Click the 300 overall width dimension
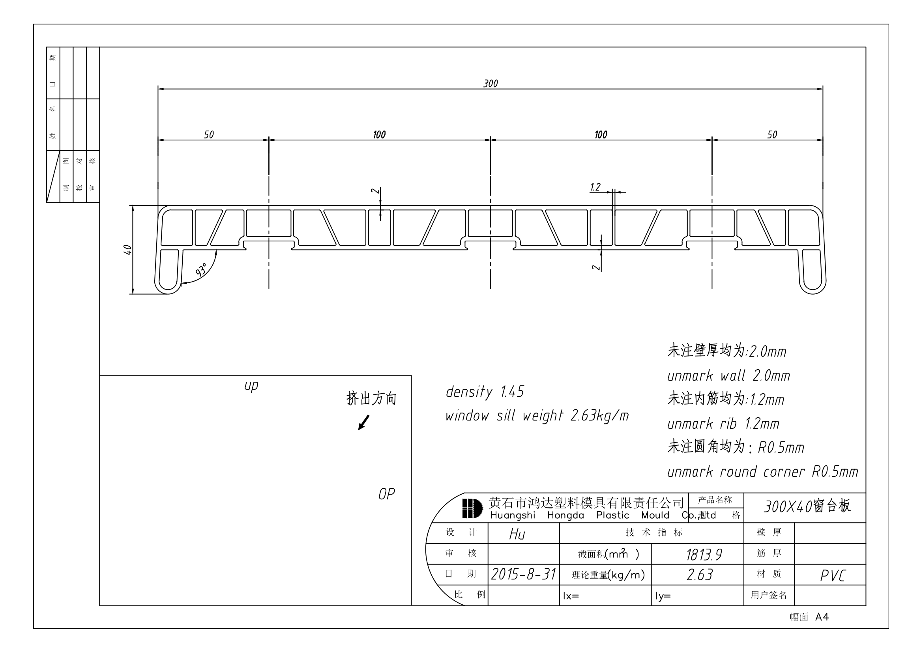point(490,84)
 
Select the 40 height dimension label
point(127,249)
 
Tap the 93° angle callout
point(201,270)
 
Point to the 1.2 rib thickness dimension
point(595,187)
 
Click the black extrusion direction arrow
point(363,422)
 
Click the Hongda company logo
point(472,508)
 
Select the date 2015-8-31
point(523,574)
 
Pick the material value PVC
point(833,575)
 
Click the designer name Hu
point(517,534)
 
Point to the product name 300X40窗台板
point(807,506)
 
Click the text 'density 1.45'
point(485,392)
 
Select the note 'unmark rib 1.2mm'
point(723,424)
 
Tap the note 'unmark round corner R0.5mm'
point(762,472)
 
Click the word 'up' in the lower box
point(251,386)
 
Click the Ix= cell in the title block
point(571,596)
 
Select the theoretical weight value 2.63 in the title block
point(700,575)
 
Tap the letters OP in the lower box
point(386,494)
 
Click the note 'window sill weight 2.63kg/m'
point(537,416)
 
